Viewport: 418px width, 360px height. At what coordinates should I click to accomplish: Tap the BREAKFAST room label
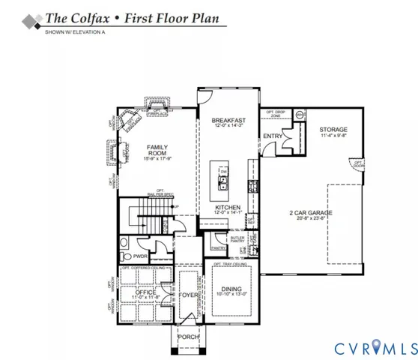(225, 120)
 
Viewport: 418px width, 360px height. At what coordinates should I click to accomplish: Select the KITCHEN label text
(227, 207)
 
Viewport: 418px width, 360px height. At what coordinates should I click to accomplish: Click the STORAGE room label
(328, 129)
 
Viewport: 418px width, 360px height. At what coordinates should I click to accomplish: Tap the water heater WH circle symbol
(300, 115)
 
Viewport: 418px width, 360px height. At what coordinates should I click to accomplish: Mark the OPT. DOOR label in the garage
(358, 163)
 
